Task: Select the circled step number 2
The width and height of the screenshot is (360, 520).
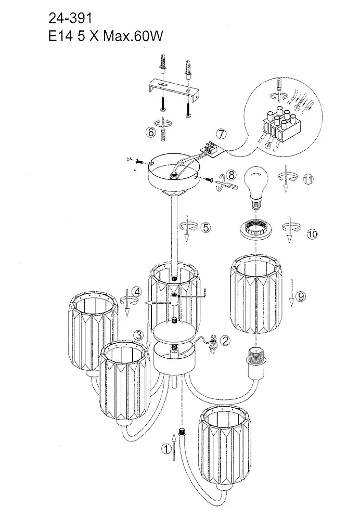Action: pos(225,341)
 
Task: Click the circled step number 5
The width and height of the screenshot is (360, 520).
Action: pos(205,227)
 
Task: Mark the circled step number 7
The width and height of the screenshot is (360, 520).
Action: pos(222,133)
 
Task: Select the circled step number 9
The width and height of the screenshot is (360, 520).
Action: pos(301,296)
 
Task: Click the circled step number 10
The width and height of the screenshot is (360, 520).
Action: pos(312,235)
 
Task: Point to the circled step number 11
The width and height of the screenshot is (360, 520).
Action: pos(308,179)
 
